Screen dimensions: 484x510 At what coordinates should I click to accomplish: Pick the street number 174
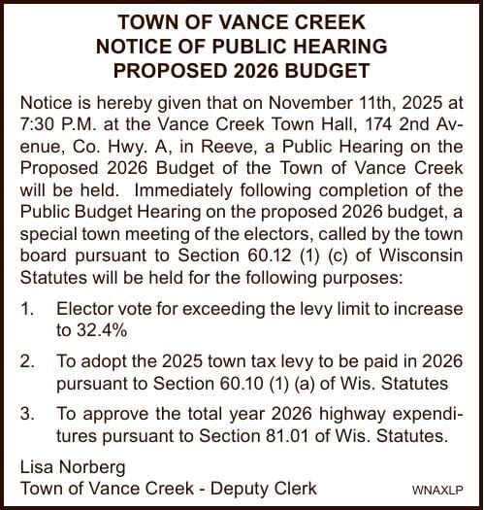pos(349,124)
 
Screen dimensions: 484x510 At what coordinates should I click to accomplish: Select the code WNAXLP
pos(438,491)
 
